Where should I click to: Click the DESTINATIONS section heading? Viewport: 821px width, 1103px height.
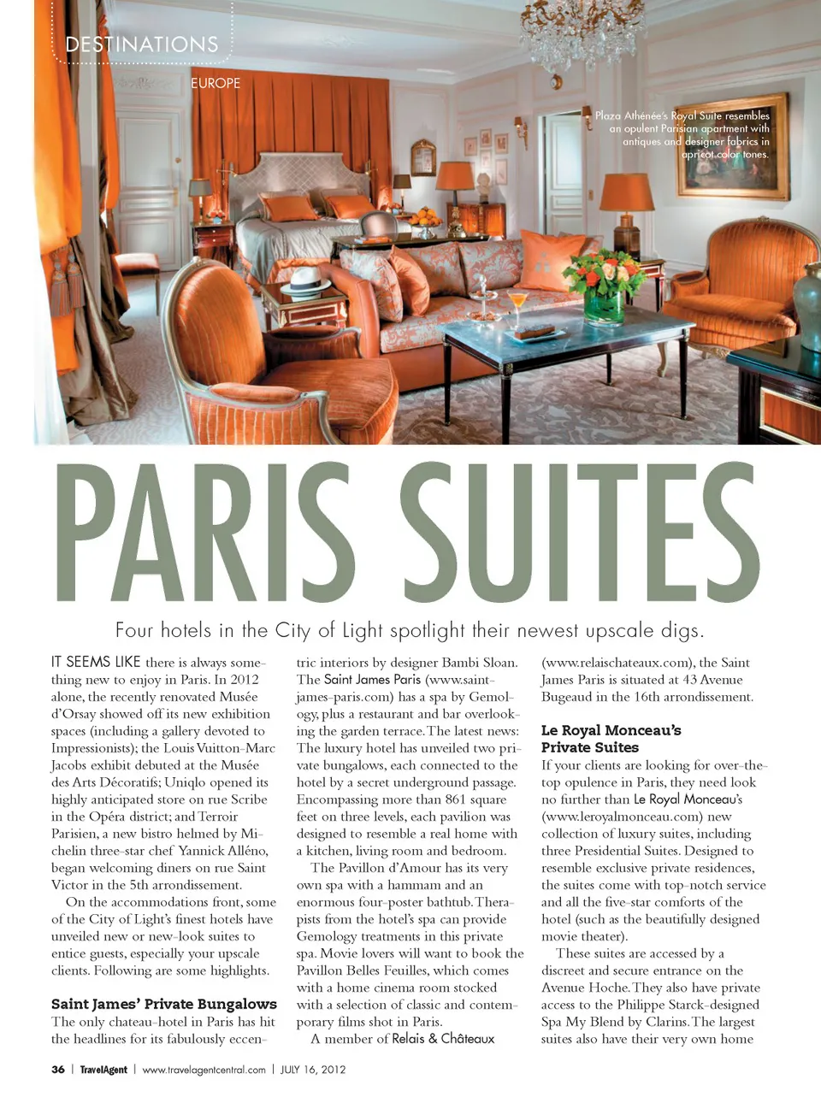point(142,44)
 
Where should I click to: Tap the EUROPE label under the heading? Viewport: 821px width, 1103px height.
point(216,83)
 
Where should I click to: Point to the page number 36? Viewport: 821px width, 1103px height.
point(58,1070)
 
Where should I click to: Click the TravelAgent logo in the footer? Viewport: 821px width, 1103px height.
point(103,1070)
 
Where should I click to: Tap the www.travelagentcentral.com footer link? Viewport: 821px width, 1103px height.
point(204,1070)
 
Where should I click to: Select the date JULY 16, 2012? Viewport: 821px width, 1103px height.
point(313,1070)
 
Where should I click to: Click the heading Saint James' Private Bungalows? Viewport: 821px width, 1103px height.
point(164,1004)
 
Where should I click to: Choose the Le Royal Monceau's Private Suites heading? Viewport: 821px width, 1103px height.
point(611,739)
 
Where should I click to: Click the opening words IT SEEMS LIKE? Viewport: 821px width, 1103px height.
point(96,662)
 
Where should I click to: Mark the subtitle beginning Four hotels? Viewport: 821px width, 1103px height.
point(410,631)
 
